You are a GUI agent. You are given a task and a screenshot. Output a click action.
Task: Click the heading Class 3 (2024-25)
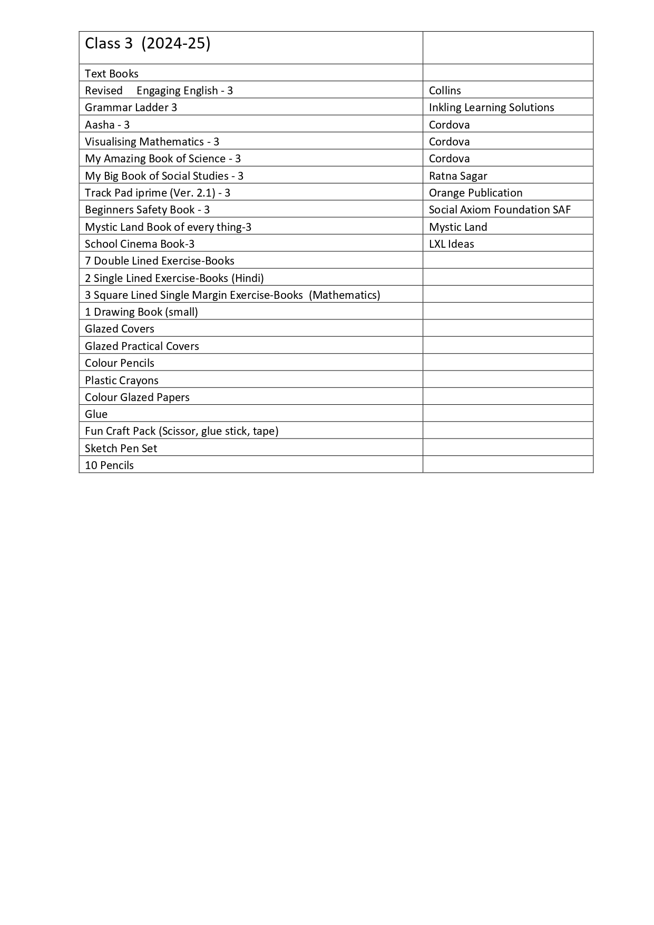(148, 44)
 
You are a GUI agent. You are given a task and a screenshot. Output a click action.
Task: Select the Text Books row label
(112, 74)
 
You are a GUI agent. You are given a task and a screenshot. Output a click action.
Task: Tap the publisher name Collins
(445, 91)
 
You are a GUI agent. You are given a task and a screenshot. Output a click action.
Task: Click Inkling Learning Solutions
(491, 108)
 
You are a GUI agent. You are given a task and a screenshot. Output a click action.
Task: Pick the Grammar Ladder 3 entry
(131, 108)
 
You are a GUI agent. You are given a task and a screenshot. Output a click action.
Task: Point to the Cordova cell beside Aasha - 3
(449, 125)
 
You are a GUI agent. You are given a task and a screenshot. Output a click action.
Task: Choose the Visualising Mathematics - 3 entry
(152, 142)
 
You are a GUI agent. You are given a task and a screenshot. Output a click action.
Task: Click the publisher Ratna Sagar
(458, 176)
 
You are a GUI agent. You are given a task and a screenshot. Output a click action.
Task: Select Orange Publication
(475, 193)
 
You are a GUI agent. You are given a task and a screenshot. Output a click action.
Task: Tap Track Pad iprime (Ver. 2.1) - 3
(158, 193)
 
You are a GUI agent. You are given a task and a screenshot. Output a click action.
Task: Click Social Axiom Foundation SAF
(500, 210)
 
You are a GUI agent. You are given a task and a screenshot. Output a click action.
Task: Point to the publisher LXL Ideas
(451, 244)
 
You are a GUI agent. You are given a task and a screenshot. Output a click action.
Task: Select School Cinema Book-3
(140, 244)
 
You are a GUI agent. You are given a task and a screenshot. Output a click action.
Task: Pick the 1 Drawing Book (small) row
(141, 312)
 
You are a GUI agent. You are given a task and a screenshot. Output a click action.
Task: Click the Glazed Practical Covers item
(142, 346)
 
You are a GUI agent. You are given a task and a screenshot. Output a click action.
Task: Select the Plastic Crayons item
(121, 381)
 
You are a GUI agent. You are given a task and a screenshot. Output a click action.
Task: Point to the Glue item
(96, 414)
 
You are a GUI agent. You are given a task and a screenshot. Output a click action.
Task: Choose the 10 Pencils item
(109, 465)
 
